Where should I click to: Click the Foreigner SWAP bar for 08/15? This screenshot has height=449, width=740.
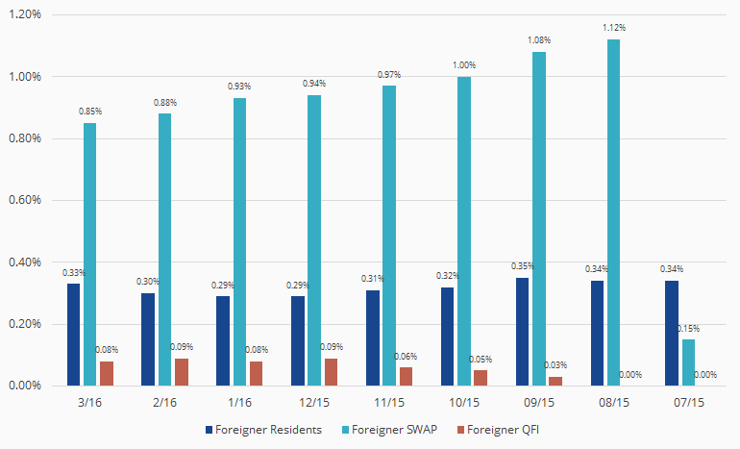614,212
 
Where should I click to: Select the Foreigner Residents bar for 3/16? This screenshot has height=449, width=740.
74,335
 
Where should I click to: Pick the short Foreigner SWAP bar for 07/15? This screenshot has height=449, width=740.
688,362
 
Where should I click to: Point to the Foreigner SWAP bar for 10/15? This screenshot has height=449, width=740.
464,231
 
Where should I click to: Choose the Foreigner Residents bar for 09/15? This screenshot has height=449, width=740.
523,332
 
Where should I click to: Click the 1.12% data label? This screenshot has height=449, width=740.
614,28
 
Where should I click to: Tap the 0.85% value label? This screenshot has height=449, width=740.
90,112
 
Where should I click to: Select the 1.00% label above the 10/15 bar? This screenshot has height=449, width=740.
464,65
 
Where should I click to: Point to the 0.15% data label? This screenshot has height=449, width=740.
688,328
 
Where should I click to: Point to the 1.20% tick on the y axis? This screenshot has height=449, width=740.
27,14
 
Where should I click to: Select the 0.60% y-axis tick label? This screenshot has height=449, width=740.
27,200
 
